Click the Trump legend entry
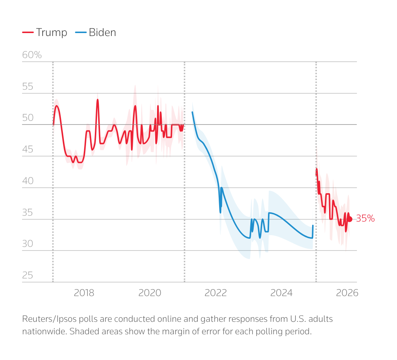(x=45, y=32)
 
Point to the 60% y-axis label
(x=32, y=55)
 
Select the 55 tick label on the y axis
(x=28, y=87)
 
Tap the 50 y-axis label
(x=28, y=118)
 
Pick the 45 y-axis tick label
(x=28, y=150)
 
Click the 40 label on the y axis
(x=28, y=181)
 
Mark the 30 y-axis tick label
(x=28, y=244)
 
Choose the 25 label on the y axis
(x=28, y=276)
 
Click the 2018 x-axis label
(x=84, y=293)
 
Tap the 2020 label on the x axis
(x=150, y=293)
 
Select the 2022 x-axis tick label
(x=215, y=293)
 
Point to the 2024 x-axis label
(x=281, y=293)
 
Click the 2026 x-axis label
(x=347, y=293)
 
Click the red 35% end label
(x=365, y=219)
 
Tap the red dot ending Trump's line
(x=350, y=219)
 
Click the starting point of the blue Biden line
(x=192, y=112)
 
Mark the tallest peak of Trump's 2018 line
(x=97, y=100)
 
